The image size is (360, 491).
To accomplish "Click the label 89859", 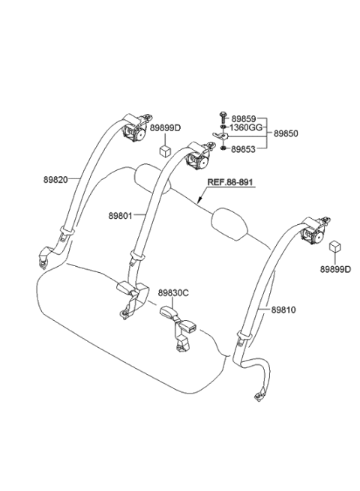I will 243,118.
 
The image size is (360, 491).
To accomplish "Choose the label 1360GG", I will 245,129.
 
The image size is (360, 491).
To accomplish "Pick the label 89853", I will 243,149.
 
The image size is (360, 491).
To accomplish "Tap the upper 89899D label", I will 166,128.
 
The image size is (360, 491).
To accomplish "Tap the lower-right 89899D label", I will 335,268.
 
